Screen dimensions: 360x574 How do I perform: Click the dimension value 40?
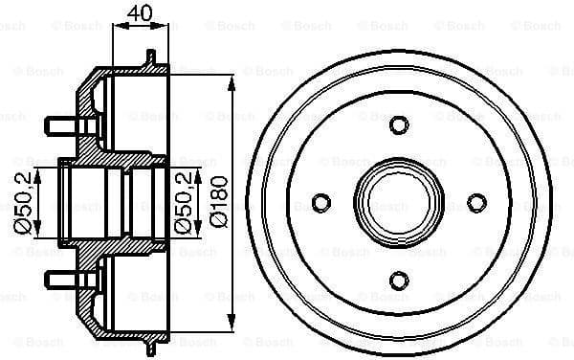pyautogui.click(x=140, y=14)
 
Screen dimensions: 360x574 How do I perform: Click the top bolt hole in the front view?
pyautogui.click(x=399, y=125)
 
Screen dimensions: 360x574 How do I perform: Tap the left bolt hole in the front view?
pyautogui.click(x=321, y=202)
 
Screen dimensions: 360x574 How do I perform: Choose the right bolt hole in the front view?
pyautogui.click(x=476, y=202)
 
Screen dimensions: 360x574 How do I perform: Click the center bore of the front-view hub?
pyautogui.click(x=399, y=202)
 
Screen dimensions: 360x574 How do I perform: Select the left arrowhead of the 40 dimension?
pyautogui.click(x=117, y=30)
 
